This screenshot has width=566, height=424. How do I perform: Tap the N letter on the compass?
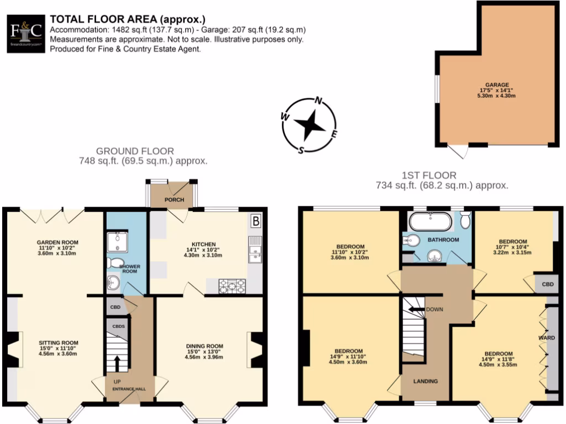point(318,101)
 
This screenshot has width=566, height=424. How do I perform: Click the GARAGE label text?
point(497,84)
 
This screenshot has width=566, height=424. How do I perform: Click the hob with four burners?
point(233,285)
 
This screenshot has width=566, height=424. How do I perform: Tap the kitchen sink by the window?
point(255,248)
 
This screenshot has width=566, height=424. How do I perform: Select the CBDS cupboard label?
point(118,327)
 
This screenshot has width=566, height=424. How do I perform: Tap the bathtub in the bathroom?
point(431,222)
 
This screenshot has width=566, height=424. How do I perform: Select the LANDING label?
point(426,381)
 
